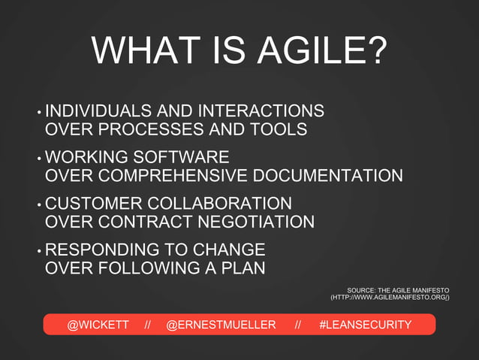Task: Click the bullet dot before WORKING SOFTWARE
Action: click(38, 159)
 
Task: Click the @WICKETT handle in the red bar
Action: click(98, 325)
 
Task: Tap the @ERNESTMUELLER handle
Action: click(221, 325)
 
